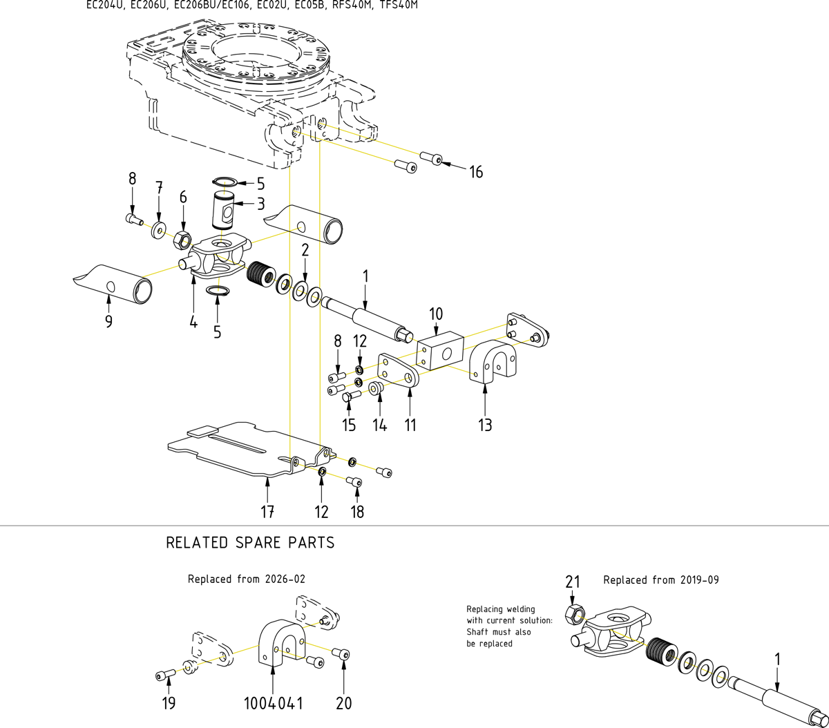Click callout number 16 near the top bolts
pyautogui.click(x=476, y=171)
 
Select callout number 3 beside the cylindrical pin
pyautogui.click(x=260, y=204)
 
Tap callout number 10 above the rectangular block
pyautogui.click(x=435, y=314)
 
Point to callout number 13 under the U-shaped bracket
pyautogui.click(x=485, y=425)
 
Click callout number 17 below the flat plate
pyautogui.click(x=267, y=512)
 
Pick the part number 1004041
pyautogui.click(x=273, y=704)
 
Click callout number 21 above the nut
pyautogui.click(x=573, y=582)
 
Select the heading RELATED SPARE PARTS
pyautogui.click(x=250, y=543)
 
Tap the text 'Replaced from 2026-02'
pyautogui.click(x=246, y=579)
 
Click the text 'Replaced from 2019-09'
pyautogui.click(x=660, y=580)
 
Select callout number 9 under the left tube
pyautogui.click(x=109, y=321)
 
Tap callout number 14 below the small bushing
pyautogui.click(x=380, y=425)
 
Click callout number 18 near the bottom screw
pyautogui.click(x=357, y=512)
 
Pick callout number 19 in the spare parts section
pyautogui.click(x=169, y=704)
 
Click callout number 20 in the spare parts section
pyautogui.click(x=343, y=704)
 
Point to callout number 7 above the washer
pyautogui.click(x=159, y=187)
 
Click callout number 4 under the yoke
pyautogui.click(x=193, y=321)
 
